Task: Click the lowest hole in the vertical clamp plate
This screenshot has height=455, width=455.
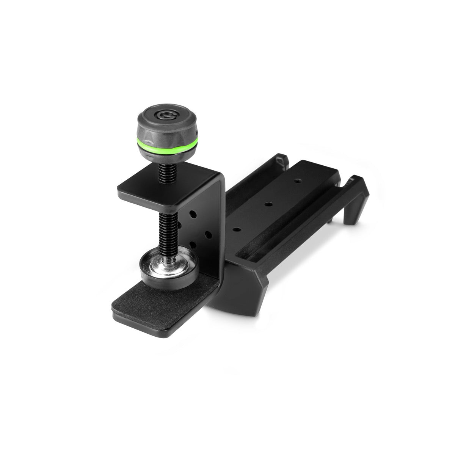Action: [x=192, y=244]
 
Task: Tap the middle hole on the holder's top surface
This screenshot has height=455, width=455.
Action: [x=268, y=204]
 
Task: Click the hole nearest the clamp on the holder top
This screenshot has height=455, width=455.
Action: [x=237, y=230]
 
